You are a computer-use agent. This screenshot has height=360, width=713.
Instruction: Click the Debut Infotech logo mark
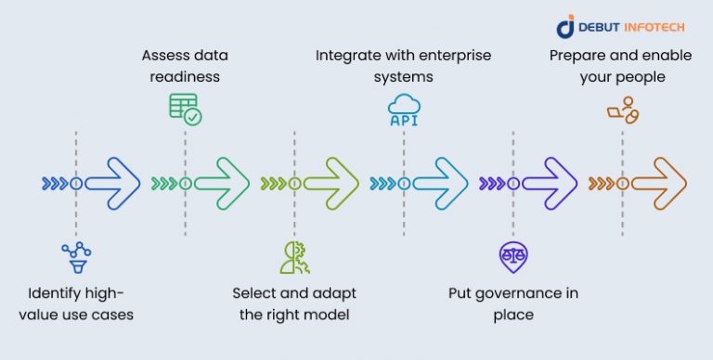[566, 27]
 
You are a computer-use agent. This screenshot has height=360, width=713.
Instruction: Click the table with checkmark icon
[185, 109]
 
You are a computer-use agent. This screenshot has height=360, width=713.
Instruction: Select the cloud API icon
[404, 109]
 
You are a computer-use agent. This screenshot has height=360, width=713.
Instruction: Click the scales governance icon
[512, 256]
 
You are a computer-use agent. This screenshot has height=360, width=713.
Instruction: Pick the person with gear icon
[294, 256]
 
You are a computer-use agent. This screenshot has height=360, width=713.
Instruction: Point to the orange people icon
[622, 109]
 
